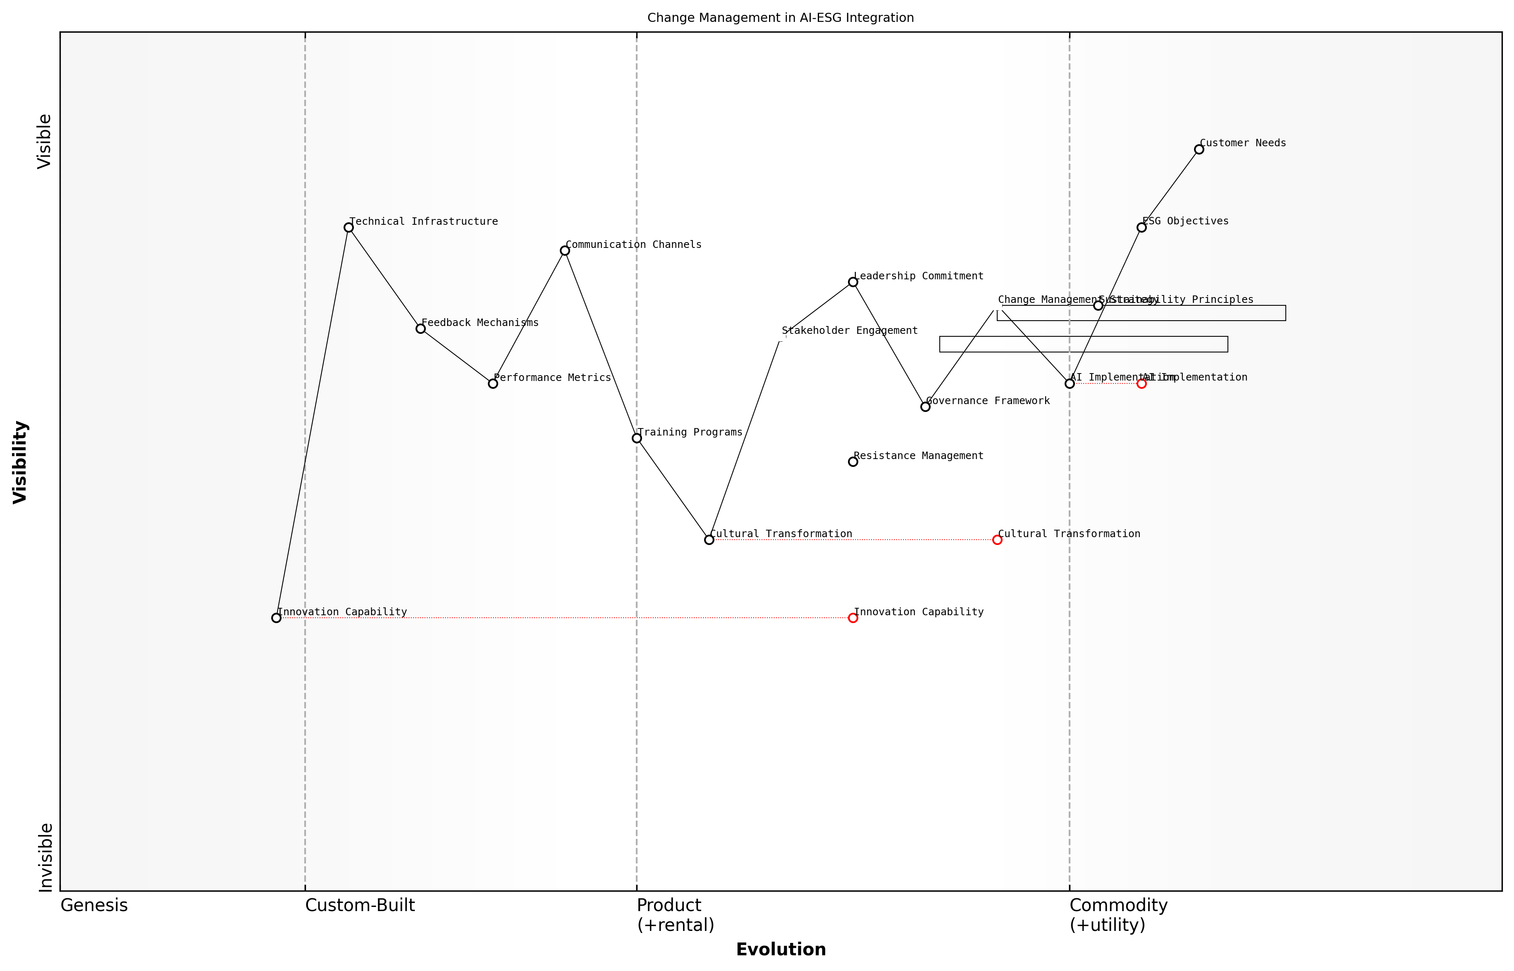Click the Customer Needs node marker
coord(1199,150)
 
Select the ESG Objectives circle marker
coord(1141,228)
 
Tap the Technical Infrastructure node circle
coord(348,228)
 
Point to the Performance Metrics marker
coord(493,383)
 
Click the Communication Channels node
coord(565,251)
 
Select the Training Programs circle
coord(637,438)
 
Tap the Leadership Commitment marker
coord(853,282)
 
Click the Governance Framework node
coord(925,407)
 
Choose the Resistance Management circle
coord(853,462)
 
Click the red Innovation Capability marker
coord(853,618)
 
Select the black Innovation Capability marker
coord(276,618)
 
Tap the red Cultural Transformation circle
coord(997,540)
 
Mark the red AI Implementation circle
coord(1141,383)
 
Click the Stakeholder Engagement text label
coord(849,331)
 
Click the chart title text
coord(780,18)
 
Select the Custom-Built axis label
coord(360,905)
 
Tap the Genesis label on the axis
coord(94,905)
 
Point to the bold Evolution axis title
coord(780,950)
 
